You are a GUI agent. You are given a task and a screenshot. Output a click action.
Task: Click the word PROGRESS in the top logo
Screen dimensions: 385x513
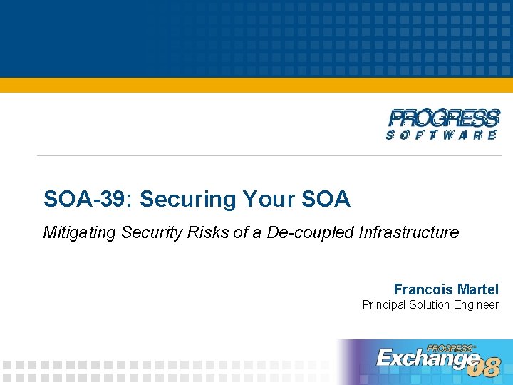coord(444,118)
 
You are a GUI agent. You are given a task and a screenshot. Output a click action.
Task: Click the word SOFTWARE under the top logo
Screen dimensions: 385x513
coord(442,135)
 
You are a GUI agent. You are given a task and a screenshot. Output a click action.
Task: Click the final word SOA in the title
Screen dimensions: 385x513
coord(326,199)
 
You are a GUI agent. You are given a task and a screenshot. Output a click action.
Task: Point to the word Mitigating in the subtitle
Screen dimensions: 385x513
coord(78,232)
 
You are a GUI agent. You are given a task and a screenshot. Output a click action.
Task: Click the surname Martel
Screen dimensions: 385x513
coord(479,289)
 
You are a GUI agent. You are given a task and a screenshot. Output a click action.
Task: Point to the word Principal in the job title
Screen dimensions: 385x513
coord(383,305)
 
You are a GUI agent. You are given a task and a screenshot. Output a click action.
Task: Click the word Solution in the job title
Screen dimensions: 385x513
coord(430,305)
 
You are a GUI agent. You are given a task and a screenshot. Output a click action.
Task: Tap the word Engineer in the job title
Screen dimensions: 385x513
coord(477,305)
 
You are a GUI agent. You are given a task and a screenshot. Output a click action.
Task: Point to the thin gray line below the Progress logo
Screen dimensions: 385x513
coord(271,155)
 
